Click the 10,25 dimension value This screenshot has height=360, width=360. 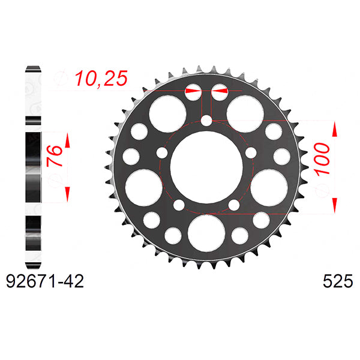[x=101, y=79]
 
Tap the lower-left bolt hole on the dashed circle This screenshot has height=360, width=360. [x=178, y=205]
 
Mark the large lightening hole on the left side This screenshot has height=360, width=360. [x=142, y=186]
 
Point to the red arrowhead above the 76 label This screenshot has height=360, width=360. [x=67, y=142]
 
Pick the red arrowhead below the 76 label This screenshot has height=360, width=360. [x=67, y=192]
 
